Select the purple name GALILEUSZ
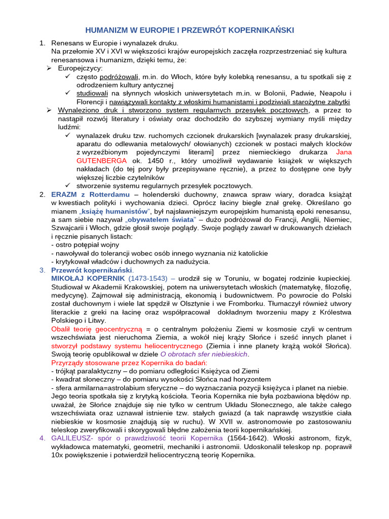pyautogui.click(x=71, y=438)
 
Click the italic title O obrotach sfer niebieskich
pyautogui.click(x=204, y=354)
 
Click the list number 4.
pyautogui.click(x=43, y=438)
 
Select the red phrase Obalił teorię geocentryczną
pyautogui.click(x=97, y=329)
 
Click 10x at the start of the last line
pyautogui.click(x=57, y=455)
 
